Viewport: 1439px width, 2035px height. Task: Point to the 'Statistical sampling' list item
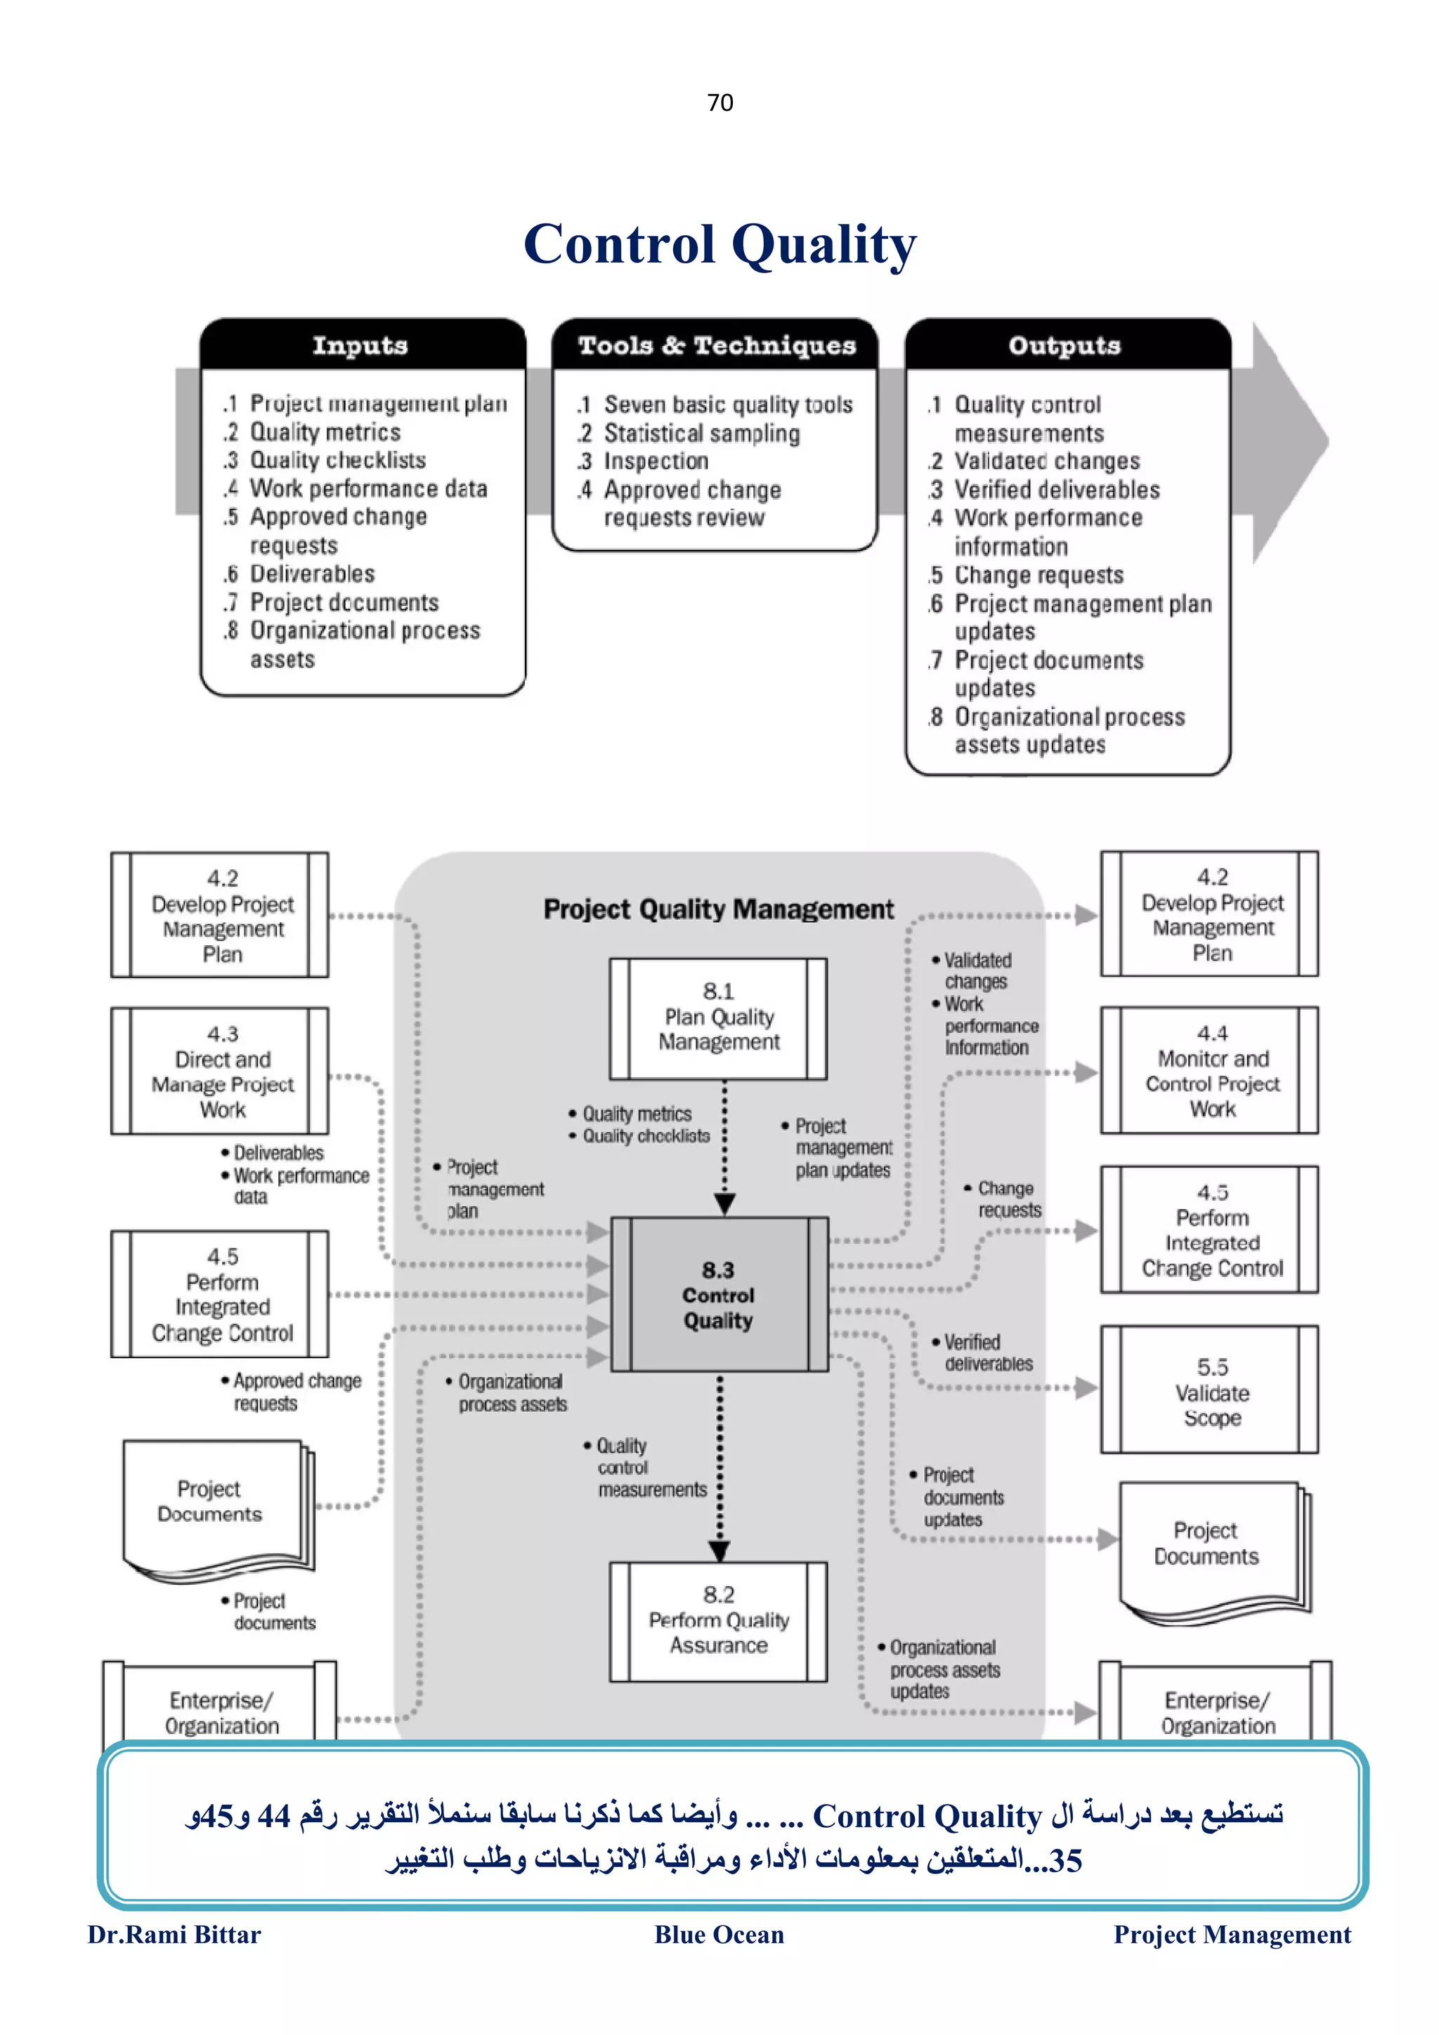(x=701, y=433)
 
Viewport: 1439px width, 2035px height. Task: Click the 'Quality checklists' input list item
(x=337, y=460)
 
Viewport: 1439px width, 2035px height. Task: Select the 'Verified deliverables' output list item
(x=1056, y=489)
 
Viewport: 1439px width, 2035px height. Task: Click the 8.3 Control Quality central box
(x=718, y=1295)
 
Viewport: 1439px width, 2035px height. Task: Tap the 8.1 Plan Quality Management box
(x=718, y=1017)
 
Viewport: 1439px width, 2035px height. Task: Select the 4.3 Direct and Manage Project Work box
(x=221, y=1072)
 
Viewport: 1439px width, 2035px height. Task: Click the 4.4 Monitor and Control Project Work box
(x=1211, y=1071)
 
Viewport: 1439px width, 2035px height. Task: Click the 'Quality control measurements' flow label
(x=649, y=1468)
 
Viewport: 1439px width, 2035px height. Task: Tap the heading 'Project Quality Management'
(x=718, y=909)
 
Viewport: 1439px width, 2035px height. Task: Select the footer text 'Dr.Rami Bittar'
(x=174, y=1935)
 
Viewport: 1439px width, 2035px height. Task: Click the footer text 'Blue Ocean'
(x=719, y=1935)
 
